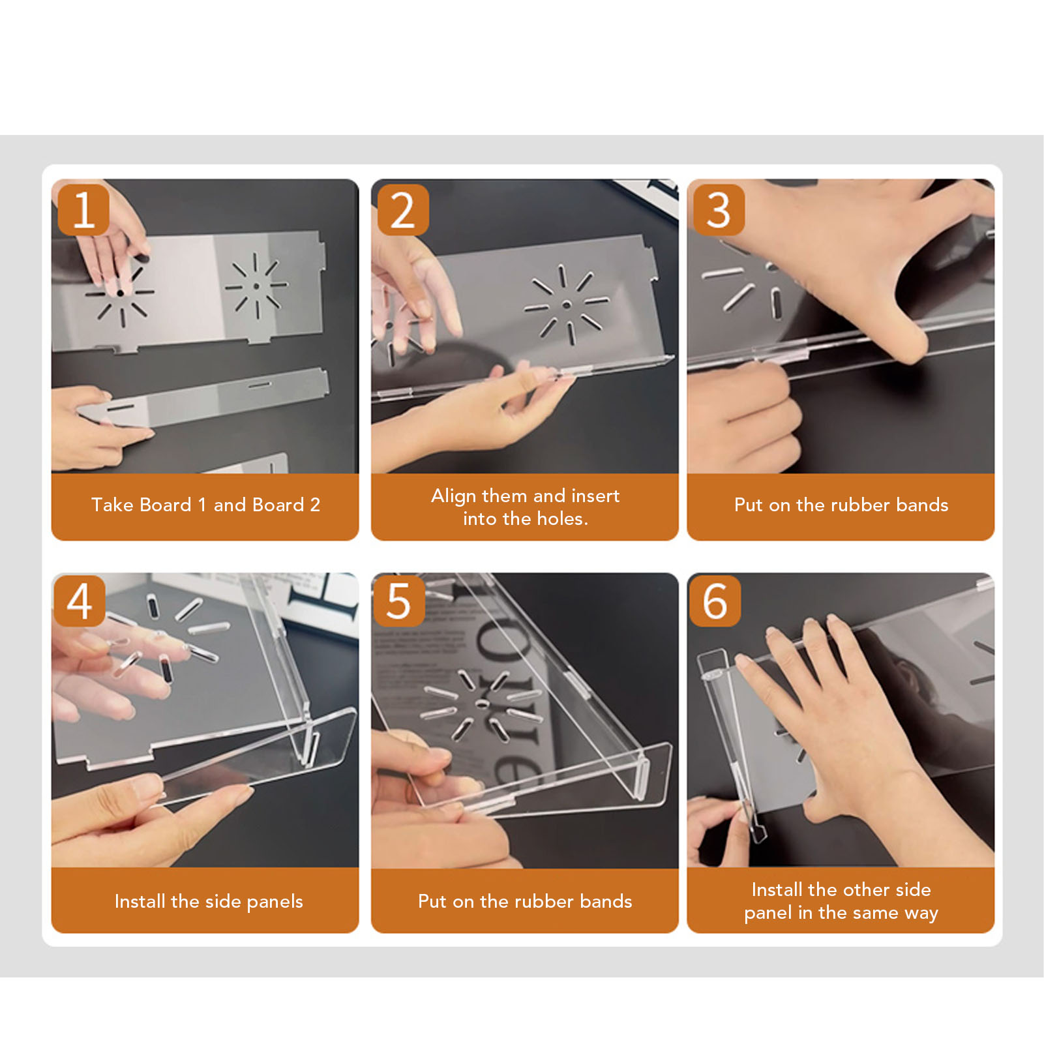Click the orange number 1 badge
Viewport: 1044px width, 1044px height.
click(x=83, y=210)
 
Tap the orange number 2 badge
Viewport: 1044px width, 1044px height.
click(x=403, y=210)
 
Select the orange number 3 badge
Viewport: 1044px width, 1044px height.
click(x=719, y=210)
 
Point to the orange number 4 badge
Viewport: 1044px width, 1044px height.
click(x=80, y=601)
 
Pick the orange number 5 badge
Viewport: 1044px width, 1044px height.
click(x=398, y=601)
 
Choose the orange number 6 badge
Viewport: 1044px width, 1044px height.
click(x=715, y=601)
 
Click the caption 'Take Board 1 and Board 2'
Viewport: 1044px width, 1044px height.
click(x=205, y=505)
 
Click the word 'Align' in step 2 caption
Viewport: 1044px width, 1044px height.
click(x=453, y=496)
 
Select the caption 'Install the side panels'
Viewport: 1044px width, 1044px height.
click(x=209, y=901)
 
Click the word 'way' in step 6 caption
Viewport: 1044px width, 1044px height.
click(x=921, y=913)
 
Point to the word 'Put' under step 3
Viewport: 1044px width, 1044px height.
click(x=748, y=505)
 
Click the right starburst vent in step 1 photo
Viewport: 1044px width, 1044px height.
click(x=256, y=286)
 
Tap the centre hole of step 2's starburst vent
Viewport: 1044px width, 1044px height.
click(x=566, y=305)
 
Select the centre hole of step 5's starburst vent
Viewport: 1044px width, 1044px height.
click(x=482, y=704)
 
